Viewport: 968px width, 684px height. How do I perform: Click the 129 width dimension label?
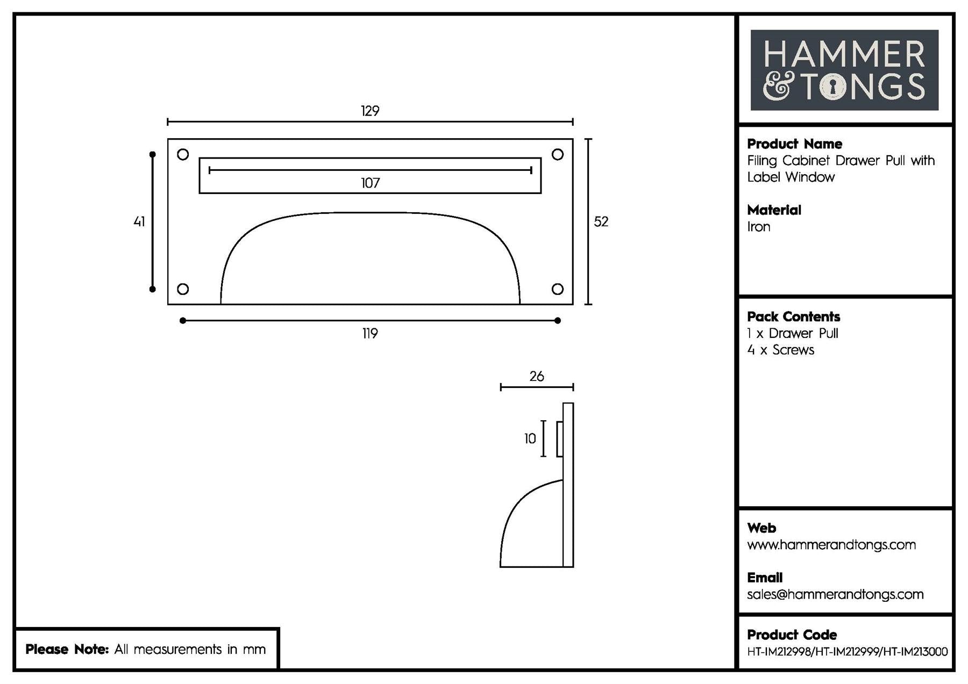click(370, 111)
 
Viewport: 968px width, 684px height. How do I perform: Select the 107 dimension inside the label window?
click(370, 183)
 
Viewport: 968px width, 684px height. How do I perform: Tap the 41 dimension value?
click(139, 221)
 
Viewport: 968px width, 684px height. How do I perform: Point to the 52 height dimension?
click(601, 221)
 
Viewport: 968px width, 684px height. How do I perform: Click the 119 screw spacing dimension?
click(370, 334)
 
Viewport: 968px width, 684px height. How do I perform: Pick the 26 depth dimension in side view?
click(537, 376)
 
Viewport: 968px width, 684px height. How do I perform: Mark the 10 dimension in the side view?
click(530, 439)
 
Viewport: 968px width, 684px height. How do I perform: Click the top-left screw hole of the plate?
click(183, 155)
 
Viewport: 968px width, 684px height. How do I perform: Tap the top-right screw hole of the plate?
click(558, 155)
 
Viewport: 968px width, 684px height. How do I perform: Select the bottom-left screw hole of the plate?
click(183, 289)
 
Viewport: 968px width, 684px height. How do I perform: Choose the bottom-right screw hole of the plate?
click(558, 289)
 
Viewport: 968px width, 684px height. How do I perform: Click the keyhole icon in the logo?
click(832, 87)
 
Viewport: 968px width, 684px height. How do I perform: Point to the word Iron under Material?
click(758, 227)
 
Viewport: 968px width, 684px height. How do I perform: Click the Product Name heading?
click(794, 144)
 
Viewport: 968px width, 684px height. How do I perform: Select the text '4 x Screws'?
click(780, 350)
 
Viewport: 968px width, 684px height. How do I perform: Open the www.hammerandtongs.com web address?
click(831, 545)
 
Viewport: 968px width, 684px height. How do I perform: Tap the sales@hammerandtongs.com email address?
click(835, 594)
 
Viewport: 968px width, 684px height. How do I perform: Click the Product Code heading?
click(792, 635)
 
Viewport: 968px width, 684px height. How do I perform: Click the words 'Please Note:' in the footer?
click(67, 649)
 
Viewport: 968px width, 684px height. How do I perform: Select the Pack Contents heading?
click(793, 316)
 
